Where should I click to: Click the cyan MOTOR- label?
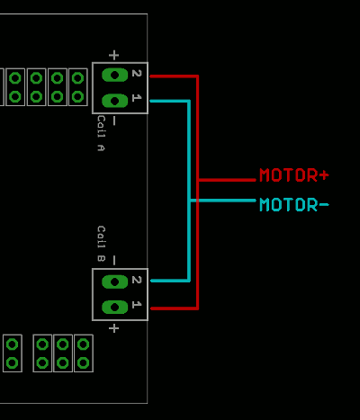pos(293,205)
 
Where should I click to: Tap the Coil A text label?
pos(101,133)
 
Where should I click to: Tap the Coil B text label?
pos(101,244)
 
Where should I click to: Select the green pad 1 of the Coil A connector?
pos(114,100)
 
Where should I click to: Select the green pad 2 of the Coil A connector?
pos(114,75)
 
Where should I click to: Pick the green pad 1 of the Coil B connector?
pos(114,307)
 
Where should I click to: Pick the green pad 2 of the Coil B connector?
pos(114,281)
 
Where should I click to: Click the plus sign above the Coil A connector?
pos(113,54)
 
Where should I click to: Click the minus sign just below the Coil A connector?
pos(113,121)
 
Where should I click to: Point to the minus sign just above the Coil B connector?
pos(113,260)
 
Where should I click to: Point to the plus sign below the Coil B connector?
pos(113,328)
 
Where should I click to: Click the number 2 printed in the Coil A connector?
pos(137,74)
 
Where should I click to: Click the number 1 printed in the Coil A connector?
pos(137,97)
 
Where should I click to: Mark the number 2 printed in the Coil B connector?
pos(137,281)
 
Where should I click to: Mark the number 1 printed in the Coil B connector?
pos(137,305)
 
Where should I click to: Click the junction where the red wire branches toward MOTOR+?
pos(197,180)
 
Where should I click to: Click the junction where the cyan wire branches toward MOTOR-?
pos(189,200)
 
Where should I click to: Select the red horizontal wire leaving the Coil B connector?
pos(173,308)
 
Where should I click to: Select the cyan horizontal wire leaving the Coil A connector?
pos(168,101)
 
